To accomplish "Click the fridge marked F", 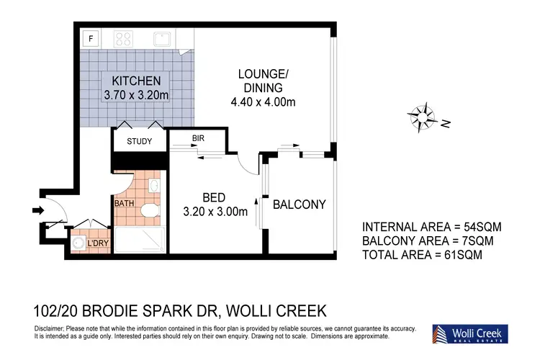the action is tap(91, 38).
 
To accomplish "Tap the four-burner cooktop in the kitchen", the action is tap(123, 39).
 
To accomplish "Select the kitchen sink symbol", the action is tap(162, 39).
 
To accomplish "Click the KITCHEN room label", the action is tap(136, 81).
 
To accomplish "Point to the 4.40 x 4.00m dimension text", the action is tap(263, 102).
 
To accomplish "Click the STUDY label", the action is tap(139, 141).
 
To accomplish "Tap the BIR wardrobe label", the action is tap(198, 138).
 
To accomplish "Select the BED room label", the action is tap(214, 198).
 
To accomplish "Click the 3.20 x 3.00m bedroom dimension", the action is tap(215, 212).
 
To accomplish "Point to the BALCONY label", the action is tap(300, 204).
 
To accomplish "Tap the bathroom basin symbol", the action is tap(155, 186).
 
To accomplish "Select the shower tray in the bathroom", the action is tap(140, 240).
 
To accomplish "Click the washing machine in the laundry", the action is tap(79, 243).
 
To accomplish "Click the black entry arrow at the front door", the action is tap(38, 210).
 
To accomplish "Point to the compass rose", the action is tap(422, 117).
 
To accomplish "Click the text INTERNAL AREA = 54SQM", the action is tap(432, 227).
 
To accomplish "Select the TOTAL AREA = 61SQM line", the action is tap(422, 255).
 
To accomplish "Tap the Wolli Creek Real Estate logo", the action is tap(470, 334).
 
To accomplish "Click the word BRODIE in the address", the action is tap(110, 311).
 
